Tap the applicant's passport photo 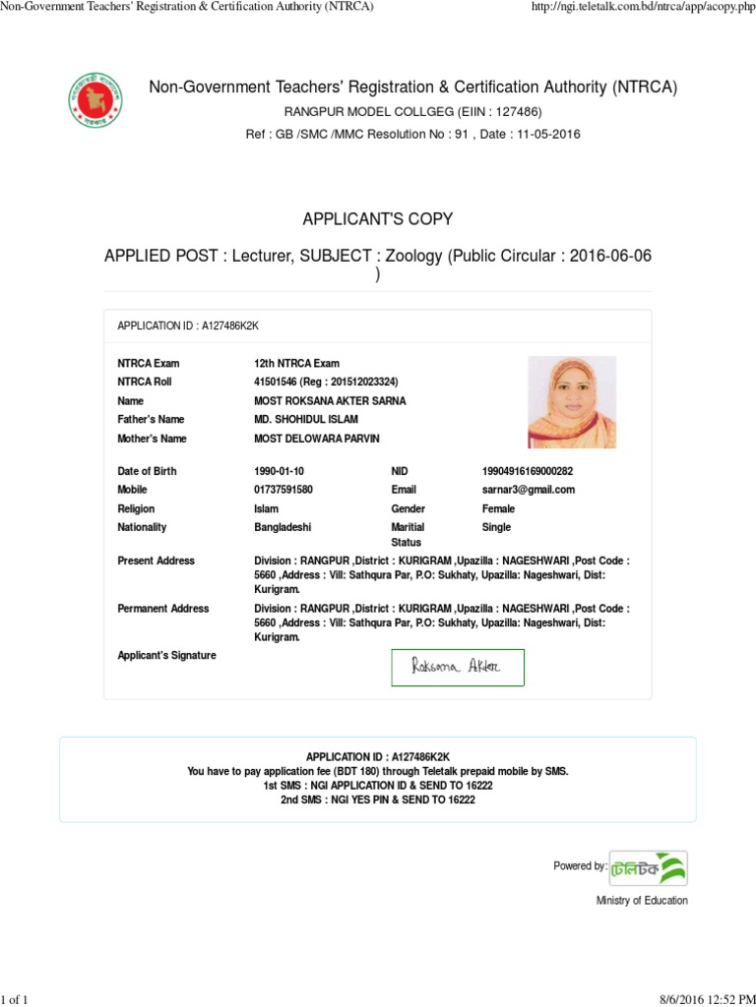(x=572, y=402)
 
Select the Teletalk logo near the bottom (x=648, y=867)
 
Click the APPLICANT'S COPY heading (x=378, y=218)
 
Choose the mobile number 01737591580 (x=283, y=490)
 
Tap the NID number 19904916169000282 (x=527, y=471)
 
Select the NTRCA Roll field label (x=145, y=382)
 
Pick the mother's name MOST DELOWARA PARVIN (x=316, y=439)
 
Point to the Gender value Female (x=498, y=509)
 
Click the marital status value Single (x=496, y=528)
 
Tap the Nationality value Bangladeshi (x=283, y=528)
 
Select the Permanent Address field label (x=163, y=609)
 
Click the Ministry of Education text (x=642, y=901)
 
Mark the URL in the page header (x=643, y=8)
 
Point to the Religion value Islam (x=266, y=509)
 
